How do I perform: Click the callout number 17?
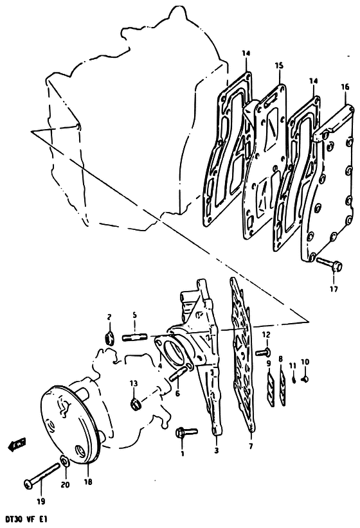[x=334, y=289]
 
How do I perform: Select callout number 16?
[x=345, y=87]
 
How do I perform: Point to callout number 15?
[x=280, y=66]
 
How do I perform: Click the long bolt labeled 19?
[x=42, y=473]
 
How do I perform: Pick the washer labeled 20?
[x=65, y=461]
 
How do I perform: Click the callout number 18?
[x=88, y=482]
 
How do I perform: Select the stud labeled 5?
[x=134, y=337]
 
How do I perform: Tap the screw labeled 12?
[x=262, y=353]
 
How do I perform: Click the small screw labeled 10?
[x=305, y=379]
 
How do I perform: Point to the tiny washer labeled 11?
[x=294, y=380]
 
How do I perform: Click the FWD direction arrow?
[x=16, y=446]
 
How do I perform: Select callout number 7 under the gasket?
[x=251, y=446]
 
